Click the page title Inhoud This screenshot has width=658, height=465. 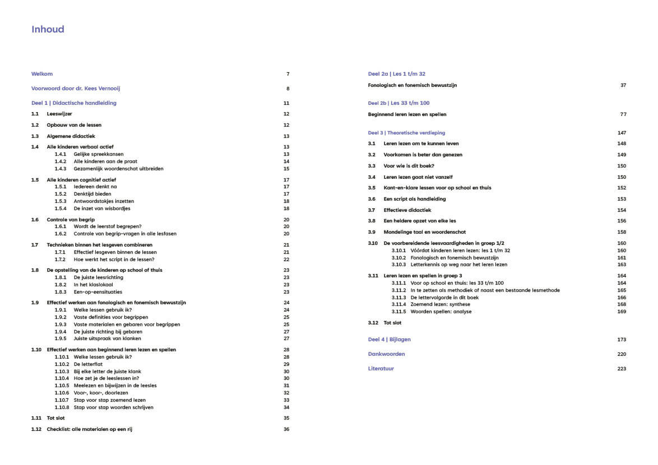[48, 29]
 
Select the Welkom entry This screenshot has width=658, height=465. [42, 74]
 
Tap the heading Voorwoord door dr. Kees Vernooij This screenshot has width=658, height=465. [76, 89]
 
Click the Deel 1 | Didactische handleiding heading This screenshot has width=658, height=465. [74, 103]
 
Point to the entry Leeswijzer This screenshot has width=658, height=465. [59, 114]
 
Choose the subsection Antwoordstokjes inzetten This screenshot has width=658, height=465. [104, 201]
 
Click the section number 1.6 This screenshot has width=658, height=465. [35, 220]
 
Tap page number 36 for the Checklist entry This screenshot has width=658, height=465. [286, 429]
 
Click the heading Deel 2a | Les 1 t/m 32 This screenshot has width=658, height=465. [396, 74]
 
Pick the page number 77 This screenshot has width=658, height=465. [623, 114]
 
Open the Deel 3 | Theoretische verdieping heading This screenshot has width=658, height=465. [406, 133]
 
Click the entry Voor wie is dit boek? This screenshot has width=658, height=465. [409, 166]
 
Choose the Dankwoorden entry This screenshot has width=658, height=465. [386, 354]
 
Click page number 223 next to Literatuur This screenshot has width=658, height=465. [622, 369]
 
